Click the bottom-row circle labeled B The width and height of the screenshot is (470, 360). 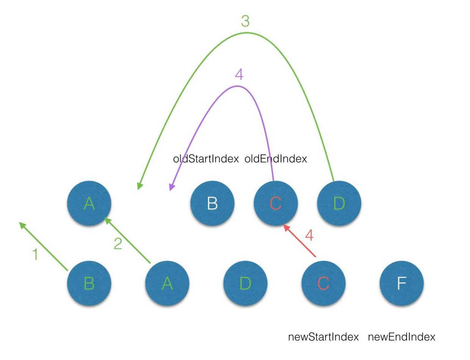[89, 283]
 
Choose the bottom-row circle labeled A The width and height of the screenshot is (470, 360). [167, 283]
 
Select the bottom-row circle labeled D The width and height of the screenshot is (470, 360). [245, 283]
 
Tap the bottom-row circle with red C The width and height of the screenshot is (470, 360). [323, 283]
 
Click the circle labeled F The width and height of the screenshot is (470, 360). [401, 283]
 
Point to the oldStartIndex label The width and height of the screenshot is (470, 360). [206, 159]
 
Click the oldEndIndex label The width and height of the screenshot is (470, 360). [276, 159]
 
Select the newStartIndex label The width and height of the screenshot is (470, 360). [323, 337]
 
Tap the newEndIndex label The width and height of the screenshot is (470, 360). [401, 337]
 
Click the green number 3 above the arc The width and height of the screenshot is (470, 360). [245, 22]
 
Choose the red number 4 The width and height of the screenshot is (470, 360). [309, 236]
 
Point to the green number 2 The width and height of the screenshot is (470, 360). [118, 244]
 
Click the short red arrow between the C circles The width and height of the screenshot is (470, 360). [300, 242]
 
